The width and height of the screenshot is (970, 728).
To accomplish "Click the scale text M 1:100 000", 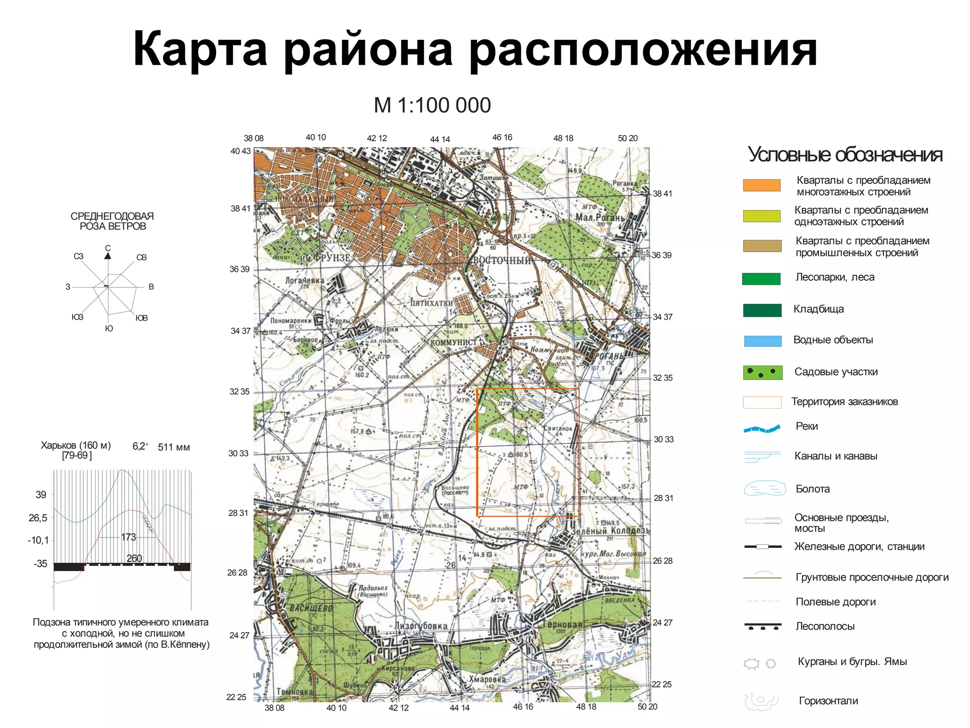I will click(x=432, y=105).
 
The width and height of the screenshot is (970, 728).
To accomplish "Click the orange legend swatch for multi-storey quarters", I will click(x=762, y=185).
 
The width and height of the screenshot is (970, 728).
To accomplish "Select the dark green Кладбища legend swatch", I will click(x=762, y=310).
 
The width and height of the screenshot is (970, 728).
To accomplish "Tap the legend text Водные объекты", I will click(x=833, y=340).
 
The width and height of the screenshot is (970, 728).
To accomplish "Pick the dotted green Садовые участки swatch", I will click(x=762, y=373).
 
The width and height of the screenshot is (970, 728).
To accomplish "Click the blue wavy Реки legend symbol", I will click(x=762, y=429).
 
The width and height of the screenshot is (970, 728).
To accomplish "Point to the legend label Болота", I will click(x=812, y=489).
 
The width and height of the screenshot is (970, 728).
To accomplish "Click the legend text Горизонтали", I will click(x=828, y=701).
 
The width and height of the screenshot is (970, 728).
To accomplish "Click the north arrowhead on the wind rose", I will click(x=108, y=256).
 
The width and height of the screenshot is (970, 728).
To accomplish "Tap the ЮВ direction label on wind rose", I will click(x=142, y=318).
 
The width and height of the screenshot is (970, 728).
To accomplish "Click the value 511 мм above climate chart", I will click(x=174, y=447).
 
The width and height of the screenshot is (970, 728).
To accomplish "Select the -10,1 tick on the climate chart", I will click(x=38, y=540).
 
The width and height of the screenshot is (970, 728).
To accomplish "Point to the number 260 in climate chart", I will click(x=134, y=558).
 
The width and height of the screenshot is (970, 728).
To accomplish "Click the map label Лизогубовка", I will click(x=421, y=626).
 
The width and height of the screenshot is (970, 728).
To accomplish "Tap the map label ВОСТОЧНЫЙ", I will click(x=502, y=260).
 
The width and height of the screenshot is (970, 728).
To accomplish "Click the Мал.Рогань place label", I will click(x=600, y=217).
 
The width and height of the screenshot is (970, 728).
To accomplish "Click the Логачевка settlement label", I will click(x=305, y=280).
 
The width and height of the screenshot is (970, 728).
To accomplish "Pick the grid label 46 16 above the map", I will click(x=502, y=137).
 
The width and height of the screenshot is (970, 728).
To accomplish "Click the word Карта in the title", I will click(x=200, y=50).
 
